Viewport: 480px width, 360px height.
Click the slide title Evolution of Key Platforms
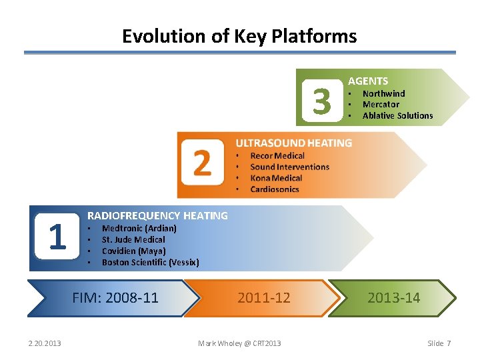click(239, 36)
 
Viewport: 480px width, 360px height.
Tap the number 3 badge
click(321, 102)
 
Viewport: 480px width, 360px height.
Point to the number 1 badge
click(57, 237)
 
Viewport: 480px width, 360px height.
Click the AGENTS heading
click(368, 81)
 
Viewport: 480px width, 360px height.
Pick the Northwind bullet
click(383, 93)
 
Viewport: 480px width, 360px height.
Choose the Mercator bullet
click(381, 104)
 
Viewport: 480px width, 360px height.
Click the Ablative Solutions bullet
click(397, 115)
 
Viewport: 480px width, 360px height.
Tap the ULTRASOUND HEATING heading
click(293, 143)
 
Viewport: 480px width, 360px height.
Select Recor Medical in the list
click(277, 156)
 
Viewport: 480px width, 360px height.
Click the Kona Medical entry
click(276, 178)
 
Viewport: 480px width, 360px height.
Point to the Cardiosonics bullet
click(275, 189)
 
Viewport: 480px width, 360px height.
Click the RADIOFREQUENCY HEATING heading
click(157, 215)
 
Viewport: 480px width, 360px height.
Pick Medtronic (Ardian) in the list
click(139, 228)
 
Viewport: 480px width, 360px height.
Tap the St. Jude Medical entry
click(133, 239)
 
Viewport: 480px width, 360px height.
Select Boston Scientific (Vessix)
click(150, 262)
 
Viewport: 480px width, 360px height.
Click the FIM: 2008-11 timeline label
click(115, 297)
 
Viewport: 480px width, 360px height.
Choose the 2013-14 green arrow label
click(393, 297)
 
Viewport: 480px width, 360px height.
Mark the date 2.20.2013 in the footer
click(45, 343)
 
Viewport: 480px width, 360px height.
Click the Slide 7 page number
click(439, 343)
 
